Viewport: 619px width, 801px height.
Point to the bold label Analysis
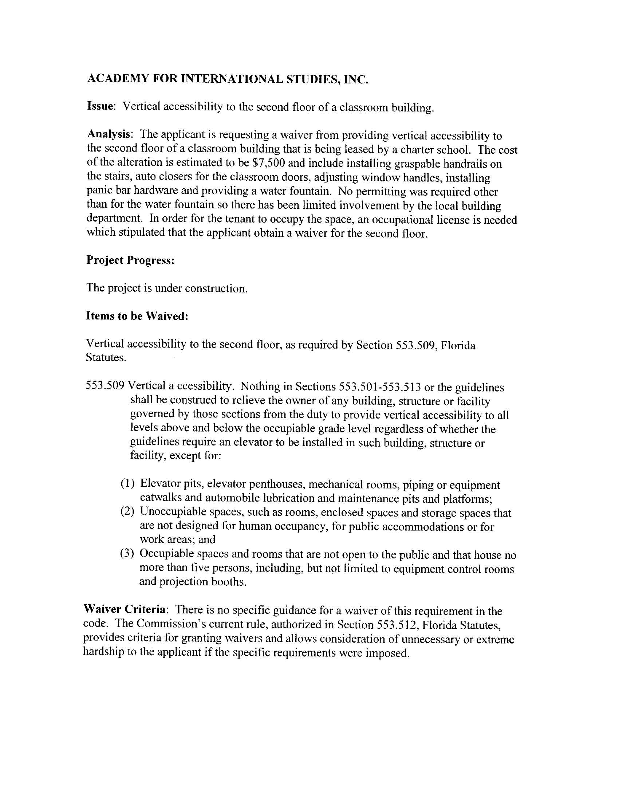click(x=109, y=134)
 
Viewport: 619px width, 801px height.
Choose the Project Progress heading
click(x=130, y=260)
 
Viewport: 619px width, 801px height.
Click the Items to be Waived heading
click(x=137, y=316)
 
